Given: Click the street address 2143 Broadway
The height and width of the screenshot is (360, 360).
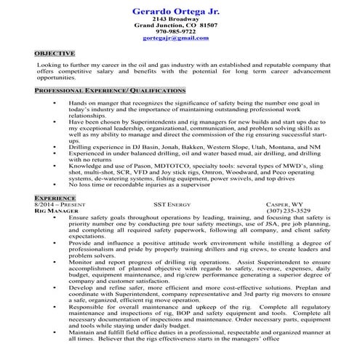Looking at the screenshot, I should [179, 18].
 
